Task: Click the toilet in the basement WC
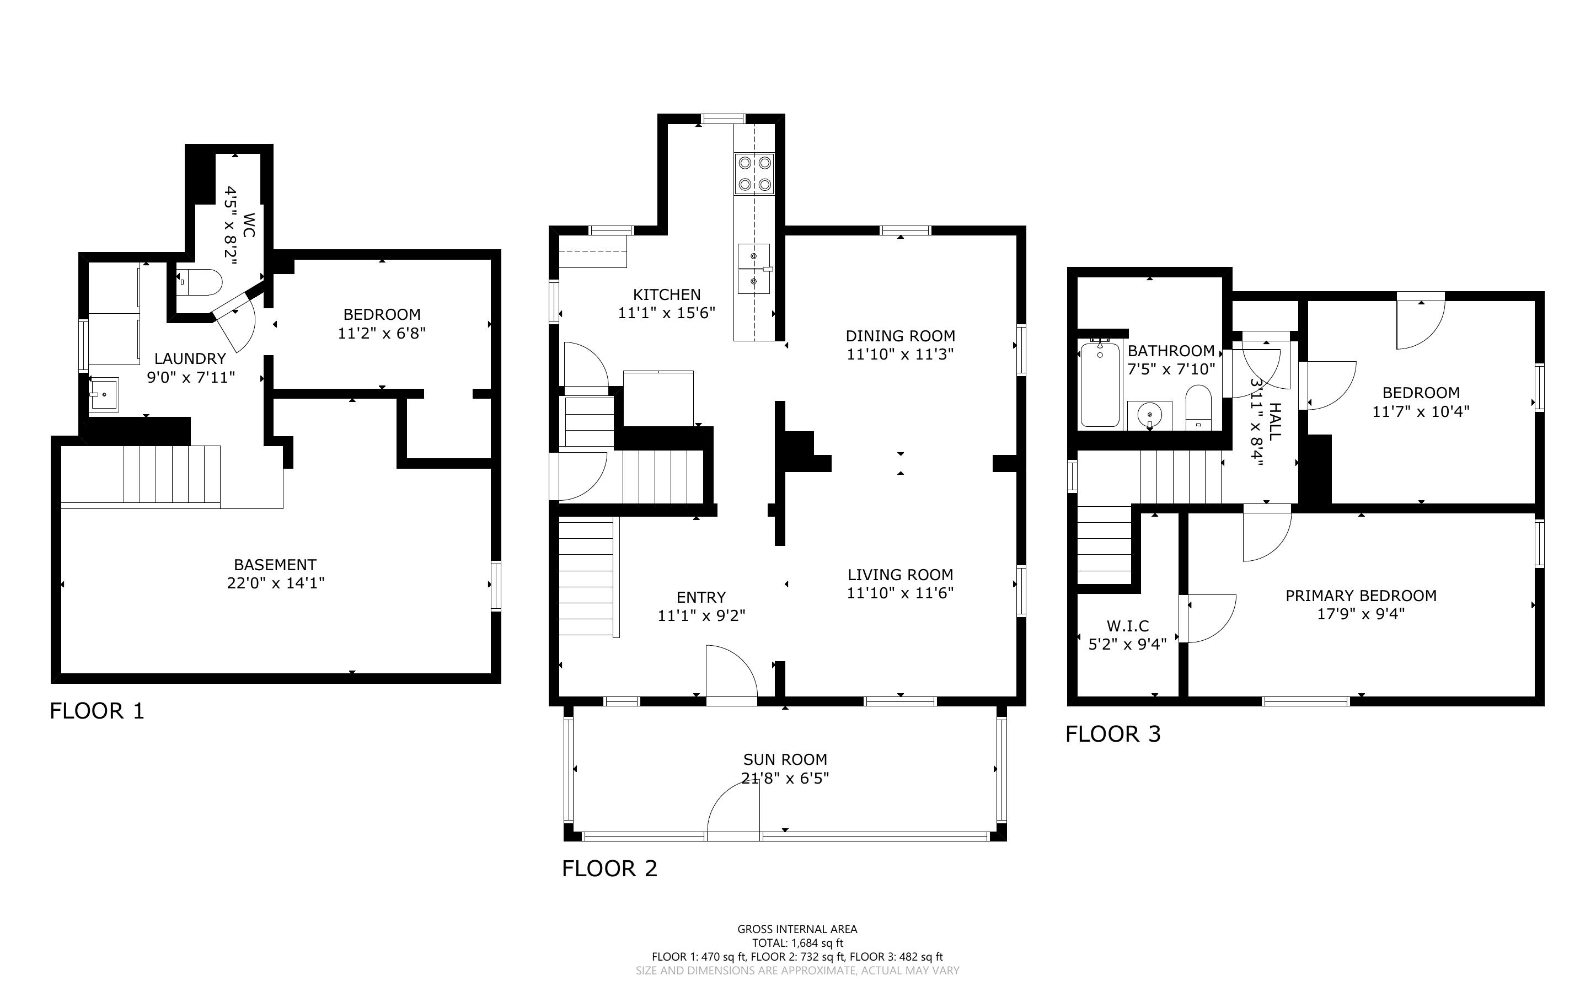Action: coord(200,282)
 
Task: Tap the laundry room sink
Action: coord(104,394)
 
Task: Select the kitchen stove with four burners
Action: coord(754,173)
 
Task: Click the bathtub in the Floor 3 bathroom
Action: coord(1100,383)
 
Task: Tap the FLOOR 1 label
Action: coord(97,711)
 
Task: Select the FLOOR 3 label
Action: coord(1113,734)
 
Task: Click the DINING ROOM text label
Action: coord(901,336)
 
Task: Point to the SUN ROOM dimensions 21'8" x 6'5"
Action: coord(785,778)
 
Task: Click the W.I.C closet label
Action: coord(1128,626)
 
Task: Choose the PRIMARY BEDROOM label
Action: coord(1361,596)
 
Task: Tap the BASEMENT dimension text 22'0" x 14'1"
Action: coord(276,583)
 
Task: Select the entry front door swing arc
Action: coord(732,671)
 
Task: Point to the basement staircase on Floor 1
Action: coord(172,474)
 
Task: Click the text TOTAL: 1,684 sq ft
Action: coord(797,943)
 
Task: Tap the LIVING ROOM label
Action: coord(901,575)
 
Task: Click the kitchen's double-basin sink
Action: coord(753,269)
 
